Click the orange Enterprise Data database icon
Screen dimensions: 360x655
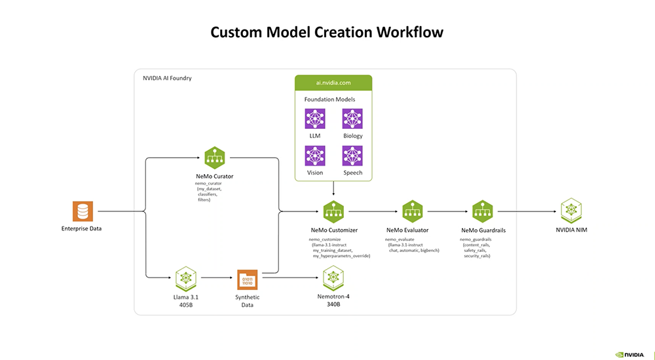click(x=83, y=211)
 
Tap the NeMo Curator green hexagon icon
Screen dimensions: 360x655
click(x=214, y=157)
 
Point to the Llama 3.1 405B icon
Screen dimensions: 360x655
click(x=187, y=278)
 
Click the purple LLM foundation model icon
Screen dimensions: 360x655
click(x=315, y=119)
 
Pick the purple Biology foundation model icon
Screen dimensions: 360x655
click(x=352, y=119)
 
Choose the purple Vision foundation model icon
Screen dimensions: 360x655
click(x=315, y=156)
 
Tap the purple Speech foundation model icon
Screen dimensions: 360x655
click(x=352, y=156)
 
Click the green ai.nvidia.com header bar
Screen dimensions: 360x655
click(x=333, y=83)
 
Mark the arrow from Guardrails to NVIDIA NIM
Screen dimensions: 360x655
click(x=527, y=211)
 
